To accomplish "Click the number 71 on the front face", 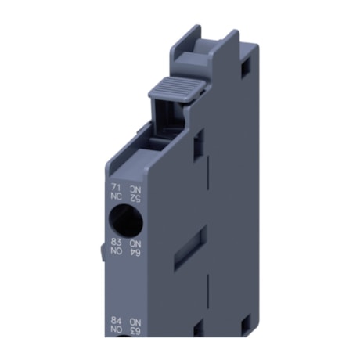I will coord(116,188).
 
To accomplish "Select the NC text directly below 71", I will coord(116,197).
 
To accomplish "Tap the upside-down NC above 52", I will coord(135,188).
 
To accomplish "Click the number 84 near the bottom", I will coord(116,321).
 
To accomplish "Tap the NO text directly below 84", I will coord(116,330).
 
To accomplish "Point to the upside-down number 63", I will coord(135,330).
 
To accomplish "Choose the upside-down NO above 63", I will coord(135,321).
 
